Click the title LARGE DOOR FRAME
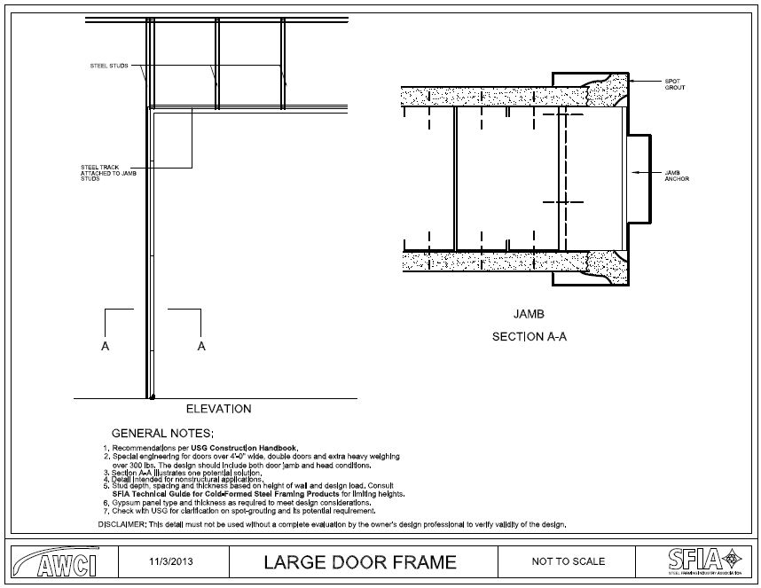click(359, 561)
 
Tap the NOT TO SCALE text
click(568, 561)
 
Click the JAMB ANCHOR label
click(676, 175)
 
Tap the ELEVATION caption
click(218, 409)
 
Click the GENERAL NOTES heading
click(162, 433)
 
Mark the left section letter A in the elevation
click(106, 347)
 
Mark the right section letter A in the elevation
click(201, 347)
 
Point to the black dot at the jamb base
click(153, 396)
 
